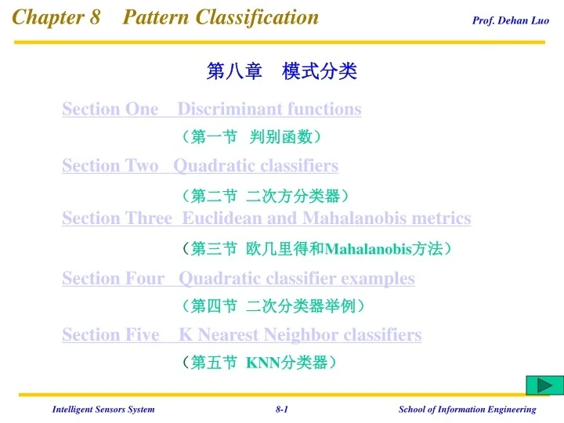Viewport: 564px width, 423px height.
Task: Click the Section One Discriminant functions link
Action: pyautogui.click(x=211, y=109)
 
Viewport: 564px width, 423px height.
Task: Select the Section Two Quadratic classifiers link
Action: pyautogui.click(x=200, y=165)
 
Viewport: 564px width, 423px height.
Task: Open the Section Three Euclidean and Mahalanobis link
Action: pyautogui.click(x=266, y=218)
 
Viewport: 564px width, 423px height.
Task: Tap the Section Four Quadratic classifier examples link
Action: pyautogui.click(x=238, y=278)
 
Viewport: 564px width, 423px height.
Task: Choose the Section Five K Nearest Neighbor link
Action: pyautogui.click(x=241, y=334)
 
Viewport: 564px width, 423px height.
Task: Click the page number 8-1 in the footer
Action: pyautogui.click(x=282, y=409)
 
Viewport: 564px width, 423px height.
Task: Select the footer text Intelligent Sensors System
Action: pyautogui.click(x=103, y=409)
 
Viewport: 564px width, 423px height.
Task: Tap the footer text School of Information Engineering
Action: pyautogui.click(x=467, y=409)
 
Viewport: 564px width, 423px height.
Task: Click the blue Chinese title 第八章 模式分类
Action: pyautogui.click(x=281, y=72)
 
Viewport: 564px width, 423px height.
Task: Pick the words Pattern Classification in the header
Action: pyautogui.click(x=221, y=17)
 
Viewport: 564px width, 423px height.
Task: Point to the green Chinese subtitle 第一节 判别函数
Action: pyautogui.click(x=251, y=138)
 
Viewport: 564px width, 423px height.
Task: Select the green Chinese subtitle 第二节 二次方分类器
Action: pyautogui.click(x=264, y=195)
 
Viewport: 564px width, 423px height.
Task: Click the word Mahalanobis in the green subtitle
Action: pyautogui.click(x=368, y=250)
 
